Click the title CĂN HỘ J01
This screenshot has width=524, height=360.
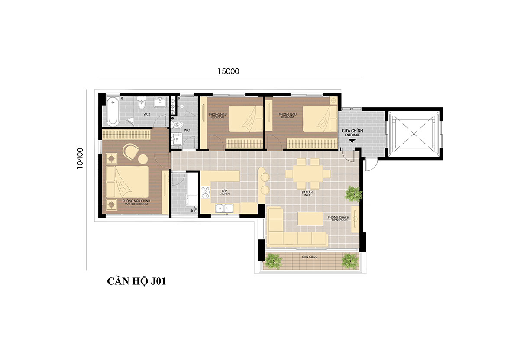click(137, 282)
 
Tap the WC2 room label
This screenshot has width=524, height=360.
click(147, 115)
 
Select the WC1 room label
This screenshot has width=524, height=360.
click(187, 130)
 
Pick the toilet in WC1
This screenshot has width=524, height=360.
click(176, 125)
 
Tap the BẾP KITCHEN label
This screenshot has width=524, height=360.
click(224, 192)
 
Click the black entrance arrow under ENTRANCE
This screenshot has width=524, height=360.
click(352, 140)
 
